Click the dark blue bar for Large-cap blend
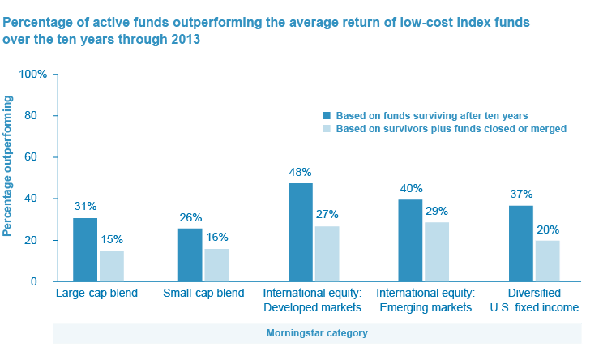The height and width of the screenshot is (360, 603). click(85, 250)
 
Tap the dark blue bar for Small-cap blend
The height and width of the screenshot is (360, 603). click(190, 255)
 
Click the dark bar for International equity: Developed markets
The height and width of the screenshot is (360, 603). click(301, 233)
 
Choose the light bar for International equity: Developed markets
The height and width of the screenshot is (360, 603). click(327, 254)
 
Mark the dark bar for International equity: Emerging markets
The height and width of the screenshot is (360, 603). click(411, 240)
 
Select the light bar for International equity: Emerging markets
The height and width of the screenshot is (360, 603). click(437, 251)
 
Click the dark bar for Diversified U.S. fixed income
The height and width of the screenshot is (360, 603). click(521, 243)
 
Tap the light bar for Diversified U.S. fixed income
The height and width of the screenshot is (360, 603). click(547, 260)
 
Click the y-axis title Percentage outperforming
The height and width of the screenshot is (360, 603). click(8, 166)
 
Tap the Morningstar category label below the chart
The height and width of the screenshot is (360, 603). click(317, 333)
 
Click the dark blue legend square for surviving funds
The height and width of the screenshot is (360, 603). click(327, 115)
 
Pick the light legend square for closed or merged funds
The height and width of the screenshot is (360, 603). click(327, 128)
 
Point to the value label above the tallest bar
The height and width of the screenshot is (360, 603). click(301, 172)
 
